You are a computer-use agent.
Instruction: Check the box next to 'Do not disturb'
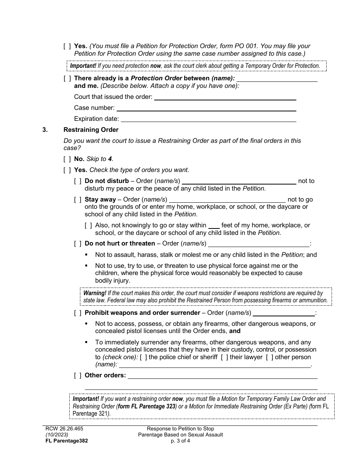pos(78,181)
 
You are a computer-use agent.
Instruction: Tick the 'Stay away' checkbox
pos(78,200)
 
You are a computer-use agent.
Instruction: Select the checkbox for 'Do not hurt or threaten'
pos(78,244)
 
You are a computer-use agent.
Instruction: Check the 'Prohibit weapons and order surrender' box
pos(78,313)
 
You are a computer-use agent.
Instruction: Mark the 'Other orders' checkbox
pos(78,375)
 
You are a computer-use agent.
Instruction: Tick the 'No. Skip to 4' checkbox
pos(67,159)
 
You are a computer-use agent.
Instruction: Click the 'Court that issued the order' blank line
pos(225,97)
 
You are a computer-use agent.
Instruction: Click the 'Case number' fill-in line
pos(206,108)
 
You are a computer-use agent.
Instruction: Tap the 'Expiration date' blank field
pos(208,119)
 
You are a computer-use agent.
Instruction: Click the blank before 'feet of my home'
pos(214,226)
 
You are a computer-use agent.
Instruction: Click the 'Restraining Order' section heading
pos(91,130)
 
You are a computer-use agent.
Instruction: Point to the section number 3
pos(45,130)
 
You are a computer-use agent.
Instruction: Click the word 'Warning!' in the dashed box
pos(95,293)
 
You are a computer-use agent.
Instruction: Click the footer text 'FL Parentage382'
pos(66,441)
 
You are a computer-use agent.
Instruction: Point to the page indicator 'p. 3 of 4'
pos(180,441)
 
